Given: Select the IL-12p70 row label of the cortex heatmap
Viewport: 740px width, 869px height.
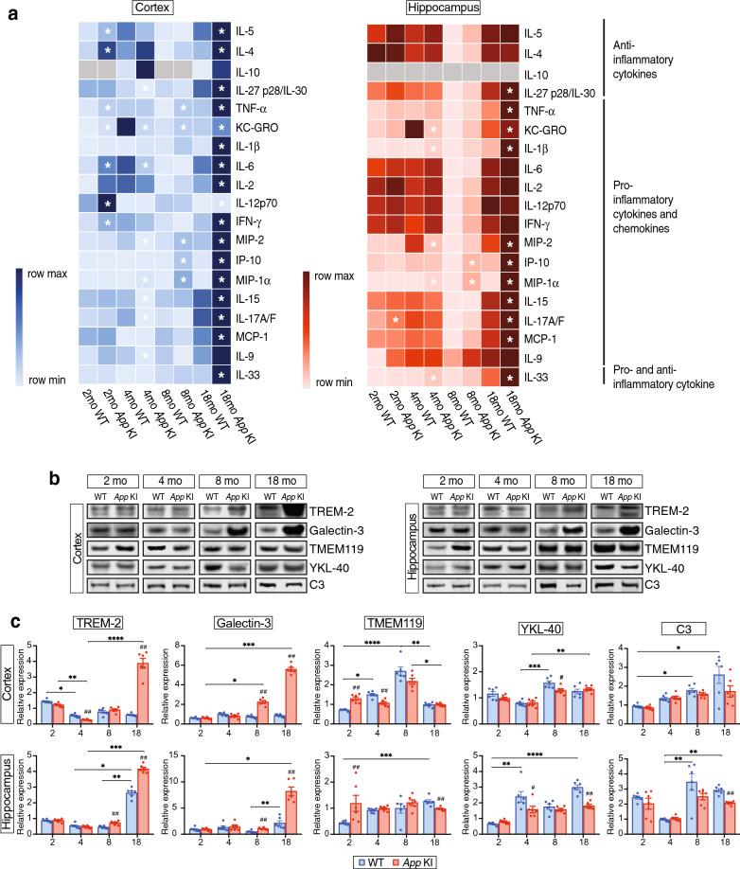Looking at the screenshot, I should click(x=260, y=204).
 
